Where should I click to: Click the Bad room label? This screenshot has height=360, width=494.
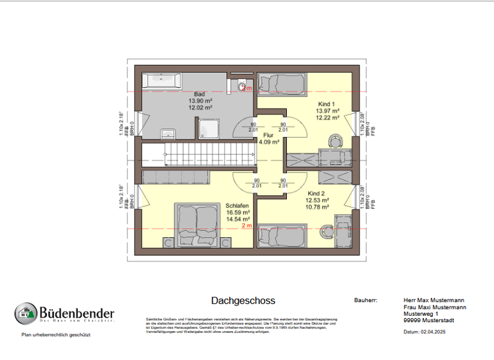click(200, 94)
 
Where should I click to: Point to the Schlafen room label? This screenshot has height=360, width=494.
click(237, 206)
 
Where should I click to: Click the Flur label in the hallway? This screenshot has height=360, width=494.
click(269, 135)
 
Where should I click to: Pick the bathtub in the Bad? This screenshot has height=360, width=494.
click(162, 81)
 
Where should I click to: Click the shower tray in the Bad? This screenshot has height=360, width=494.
click(208, 130)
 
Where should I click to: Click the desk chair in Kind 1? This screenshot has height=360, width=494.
click(334, 139)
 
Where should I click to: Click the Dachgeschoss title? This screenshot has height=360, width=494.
click(242, 301)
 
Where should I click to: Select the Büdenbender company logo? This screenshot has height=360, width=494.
click(64, 314)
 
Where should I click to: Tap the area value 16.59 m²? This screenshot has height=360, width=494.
click(237, 212)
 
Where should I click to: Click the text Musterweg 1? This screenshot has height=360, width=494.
click(421, 313)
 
